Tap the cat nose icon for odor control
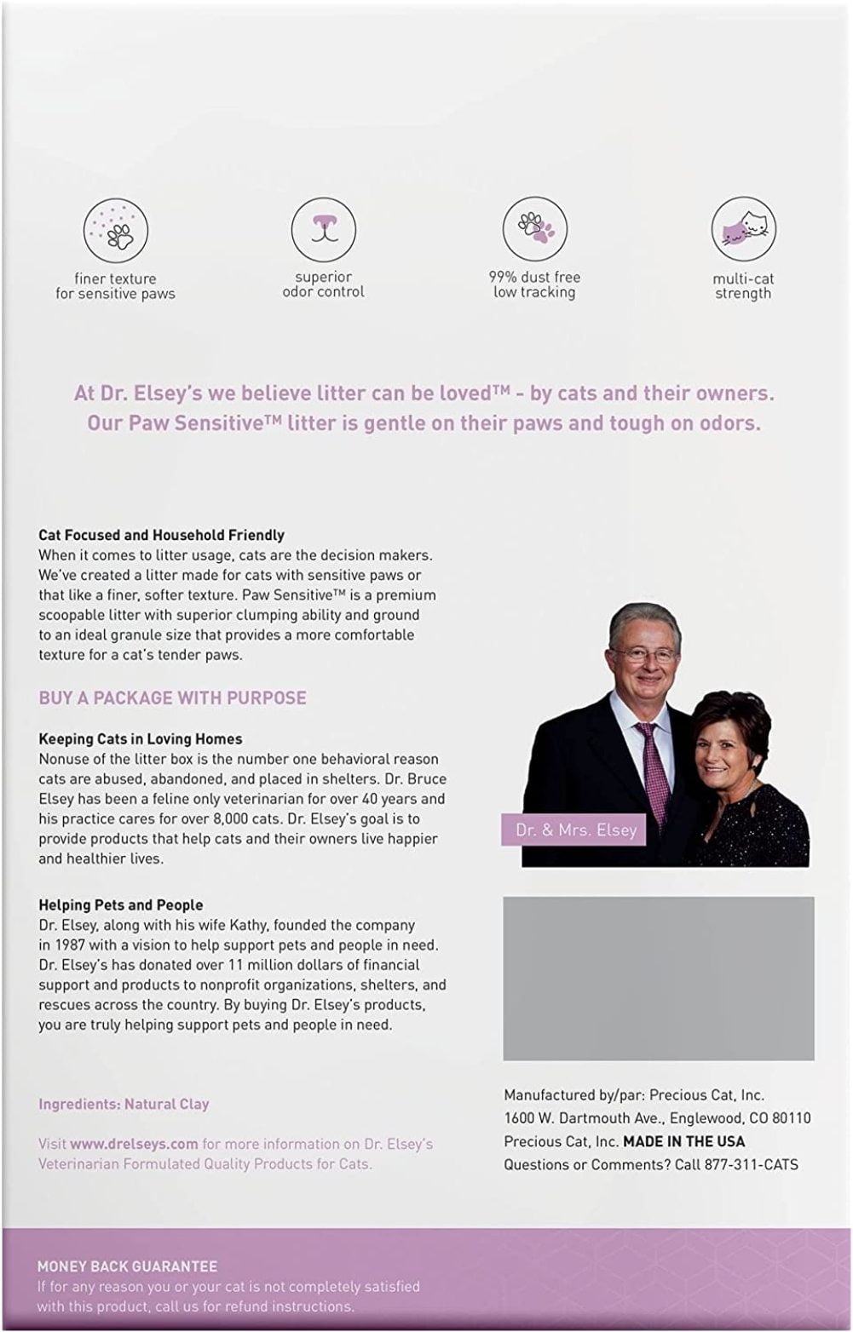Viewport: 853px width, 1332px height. pyautogui.click(x=323, y=227)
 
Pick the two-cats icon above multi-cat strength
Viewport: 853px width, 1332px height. pyautogui.click(x=742, y=228)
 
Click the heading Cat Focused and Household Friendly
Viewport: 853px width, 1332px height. pyautogui.click(x=161, y=536)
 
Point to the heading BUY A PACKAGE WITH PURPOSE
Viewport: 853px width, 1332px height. pyautogui.click(x=172, y=698)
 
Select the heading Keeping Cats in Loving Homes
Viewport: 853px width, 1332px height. pyautogui.click(x=141, y=739)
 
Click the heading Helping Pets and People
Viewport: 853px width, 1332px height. pyautogui.click(x=121, y=905)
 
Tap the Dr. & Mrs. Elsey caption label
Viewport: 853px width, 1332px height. pyautogui.click(x=576, y=830)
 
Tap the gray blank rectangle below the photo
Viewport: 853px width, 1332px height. pyautogui.click(x=658, y=978)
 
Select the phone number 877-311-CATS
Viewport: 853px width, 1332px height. pyautogui.click(x=752, y=1164)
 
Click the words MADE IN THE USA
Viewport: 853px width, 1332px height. pyautogui.click(x=683, y=1141)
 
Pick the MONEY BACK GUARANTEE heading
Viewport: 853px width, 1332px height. pyautogui.click(x=127, y=1266)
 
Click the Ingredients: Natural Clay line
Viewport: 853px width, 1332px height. pyautogui.click(x=124, y=1104)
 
